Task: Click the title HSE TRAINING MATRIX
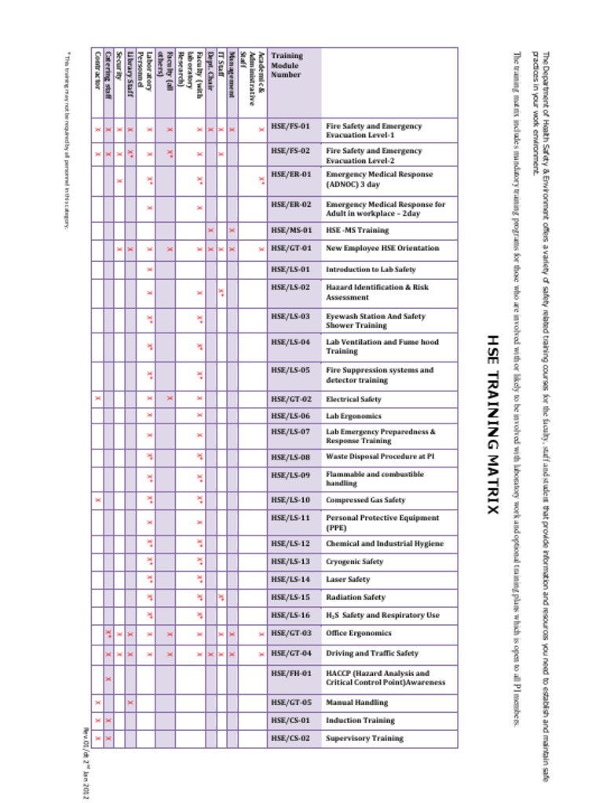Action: [492, 424]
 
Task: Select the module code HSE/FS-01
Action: [291, 125]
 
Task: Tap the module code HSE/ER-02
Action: [291, 204]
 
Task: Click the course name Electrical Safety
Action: [353, 399]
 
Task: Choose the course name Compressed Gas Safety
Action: [365, 500]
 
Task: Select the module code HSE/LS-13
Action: [291, 561]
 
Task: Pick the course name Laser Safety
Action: [348, 580]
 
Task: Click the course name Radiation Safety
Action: [356, 598]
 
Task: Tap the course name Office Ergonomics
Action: [358, 633]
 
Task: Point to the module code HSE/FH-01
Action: [291, 673]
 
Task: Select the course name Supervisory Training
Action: [364, 738]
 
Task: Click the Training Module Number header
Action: [286, 65]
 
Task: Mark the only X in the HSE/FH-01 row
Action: [108, 678]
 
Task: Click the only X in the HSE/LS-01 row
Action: [149, 269]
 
